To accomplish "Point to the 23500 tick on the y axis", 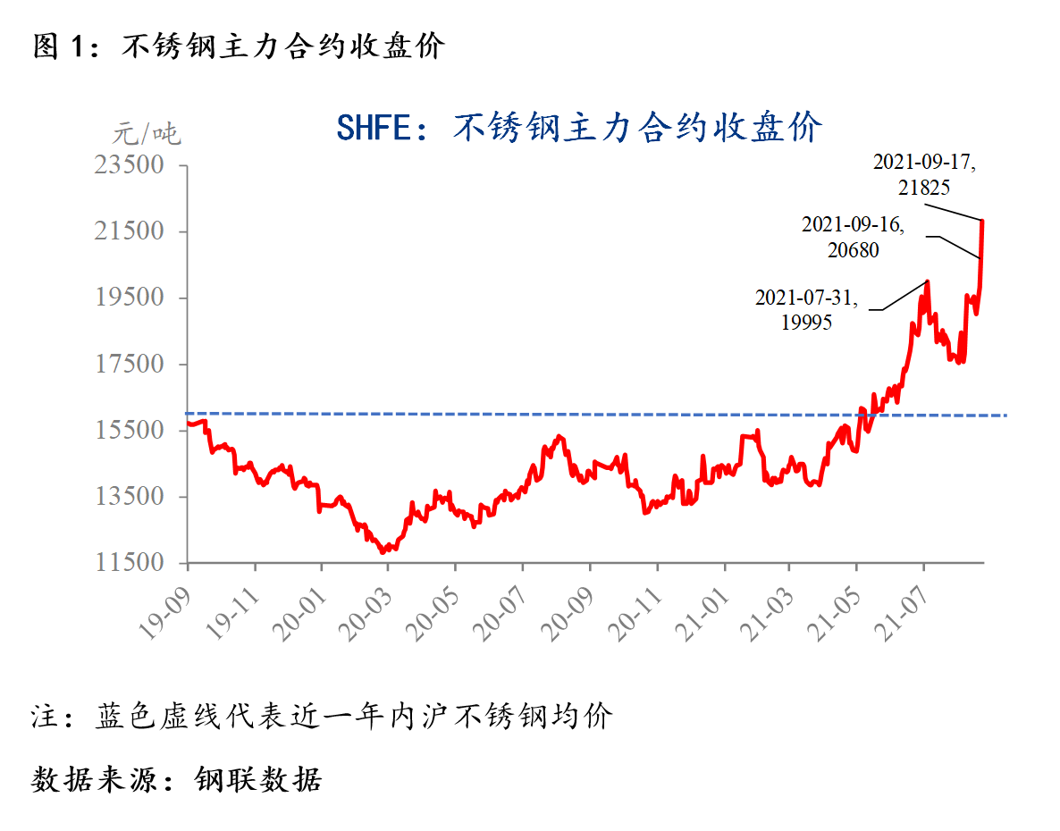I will coord(130,165).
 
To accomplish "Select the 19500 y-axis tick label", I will coord(130,298).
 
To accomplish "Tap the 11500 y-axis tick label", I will coord(130,563).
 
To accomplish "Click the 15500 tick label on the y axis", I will coord(130,431).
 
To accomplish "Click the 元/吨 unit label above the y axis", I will coord(146,135).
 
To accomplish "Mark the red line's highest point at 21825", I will coord(983,220).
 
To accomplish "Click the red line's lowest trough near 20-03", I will coord(383,552).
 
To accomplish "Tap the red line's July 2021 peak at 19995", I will coord(928,281).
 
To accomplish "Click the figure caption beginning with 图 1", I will coord(239,46).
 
